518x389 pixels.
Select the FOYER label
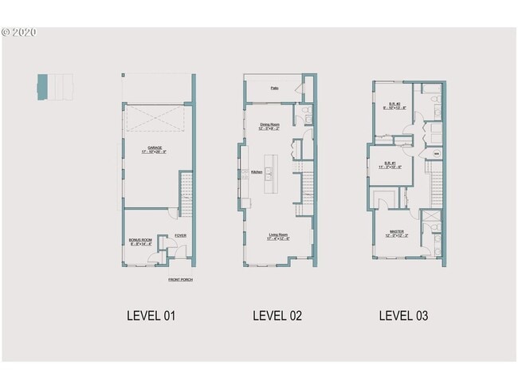[180, 235]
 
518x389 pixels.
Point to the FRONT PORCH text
[180, 280]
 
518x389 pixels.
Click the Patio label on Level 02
[274, 88]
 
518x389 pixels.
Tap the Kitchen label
[257, 172]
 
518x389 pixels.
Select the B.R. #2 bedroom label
[394, 105]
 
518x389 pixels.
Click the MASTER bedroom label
[397, 234]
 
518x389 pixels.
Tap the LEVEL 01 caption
[151, 316]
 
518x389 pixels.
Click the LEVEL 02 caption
[277, 316]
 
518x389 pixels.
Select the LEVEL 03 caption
[403, 316]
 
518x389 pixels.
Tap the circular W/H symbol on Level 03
[436, 151]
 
